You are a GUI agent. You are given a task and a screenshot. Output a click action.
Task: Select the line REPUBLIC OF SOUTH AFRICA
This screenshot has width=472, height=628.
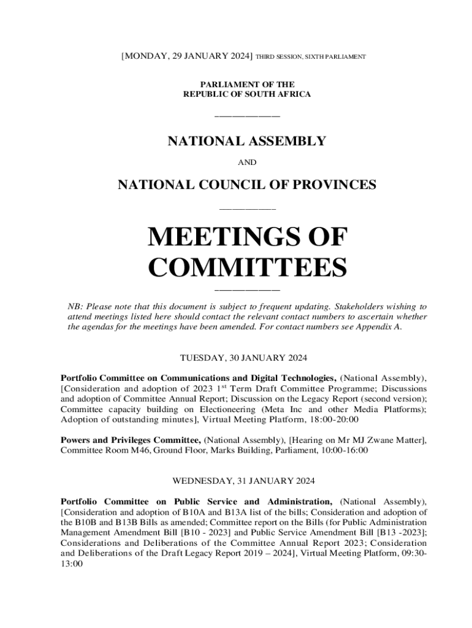(x=247, y=94)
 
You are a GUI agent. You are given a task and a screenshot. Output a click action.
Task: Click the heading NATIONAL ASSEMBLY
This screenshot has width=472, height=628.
(x=247, y=141)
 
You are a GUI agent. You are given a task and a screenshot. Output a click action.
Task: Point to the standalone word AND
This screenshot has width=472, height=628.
(x=247, y=163)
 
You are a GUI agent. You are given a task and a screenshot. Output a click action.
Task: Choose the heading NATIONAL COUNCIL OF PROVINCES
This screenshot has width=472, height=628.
(x=247, y=184)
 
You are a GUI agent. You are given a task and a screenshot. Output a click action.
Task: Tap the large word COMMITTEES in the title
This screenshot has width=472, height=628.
(x=248, y=268)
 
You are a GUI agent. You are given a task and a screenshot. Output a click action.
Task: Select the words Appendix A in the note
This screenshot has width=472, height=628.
(x=381, y=327)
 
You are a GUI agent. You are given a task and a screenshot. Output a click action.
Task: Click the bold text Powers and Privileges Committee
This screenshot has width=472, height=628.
(x=131, y=440)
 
